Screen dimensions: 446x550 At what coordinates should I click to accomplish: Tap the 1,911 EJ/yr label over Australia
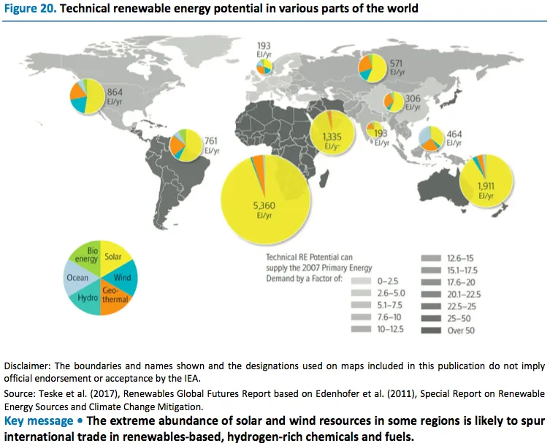[486, 190]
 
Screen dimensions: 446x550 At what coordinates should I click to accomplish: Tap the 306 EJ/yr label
[413, 103]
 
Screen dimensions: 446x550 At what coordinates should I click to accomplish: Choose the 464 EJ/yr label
[455, 138]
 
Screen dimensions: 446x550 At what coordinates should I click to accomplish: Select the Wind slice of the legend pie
[124, 278]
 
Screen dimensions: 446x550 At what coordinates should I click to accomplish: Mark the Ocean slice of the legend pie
[77, 278]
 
